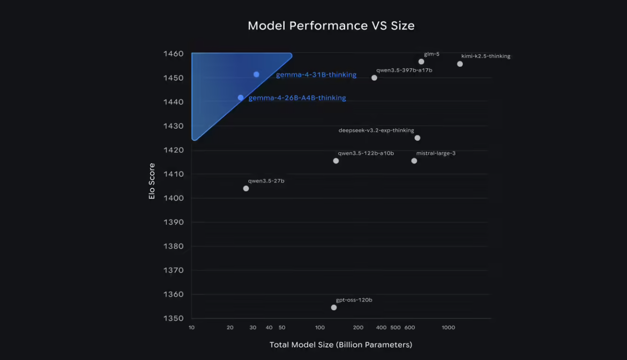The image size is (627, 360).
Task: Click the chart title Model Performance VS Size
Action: tap(331, 26)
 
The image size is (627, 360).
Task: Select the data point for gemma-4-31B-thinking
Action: tap(256, 75)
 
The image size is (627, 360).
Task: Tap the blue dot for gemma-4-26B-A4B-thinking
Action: tap(241, 98)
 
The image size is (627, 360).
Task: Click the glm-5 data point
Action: tap(421, 61)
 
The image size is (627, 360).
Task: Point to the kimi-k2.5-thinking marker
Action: tap(460, 64)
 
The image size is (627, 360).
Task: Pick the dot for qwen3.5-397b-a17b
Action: tap(374, 78)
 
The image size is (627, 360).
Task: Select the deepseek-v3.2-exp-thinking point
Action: tap(417, 138)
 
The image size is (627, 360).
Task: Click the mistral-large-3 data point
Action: tap(414, 161)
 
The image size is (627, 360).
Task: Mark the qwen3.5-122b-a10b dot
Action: tap(336, 161)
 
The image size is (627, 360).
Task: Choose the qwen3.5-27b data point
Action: tap(246, 188)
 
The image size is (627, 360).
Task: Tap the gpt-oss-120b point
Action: tap(334, 308)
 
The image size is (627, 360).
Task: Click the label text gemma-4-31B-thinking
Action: tap(316, 75)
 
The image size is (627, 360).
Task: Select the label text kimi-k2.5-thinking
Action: tap(486, 56)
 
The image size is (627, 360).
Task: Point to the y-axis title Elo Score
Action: tap(152, 181)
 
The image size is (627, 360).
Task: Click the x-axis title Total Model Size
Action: tap(341, 345)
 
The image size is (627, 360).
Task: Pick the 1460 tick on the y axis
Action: tap(173, 54)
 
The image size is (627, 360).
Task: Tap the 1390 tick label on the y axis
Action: tap(173, 222)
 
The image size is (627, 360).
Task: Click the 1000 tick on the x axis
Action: tap(448, 328)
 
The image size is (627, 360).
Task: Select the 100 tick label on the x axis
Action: tap(320, 328)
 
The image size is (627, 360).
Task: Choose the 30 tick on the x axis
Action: tap(253, 328)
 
